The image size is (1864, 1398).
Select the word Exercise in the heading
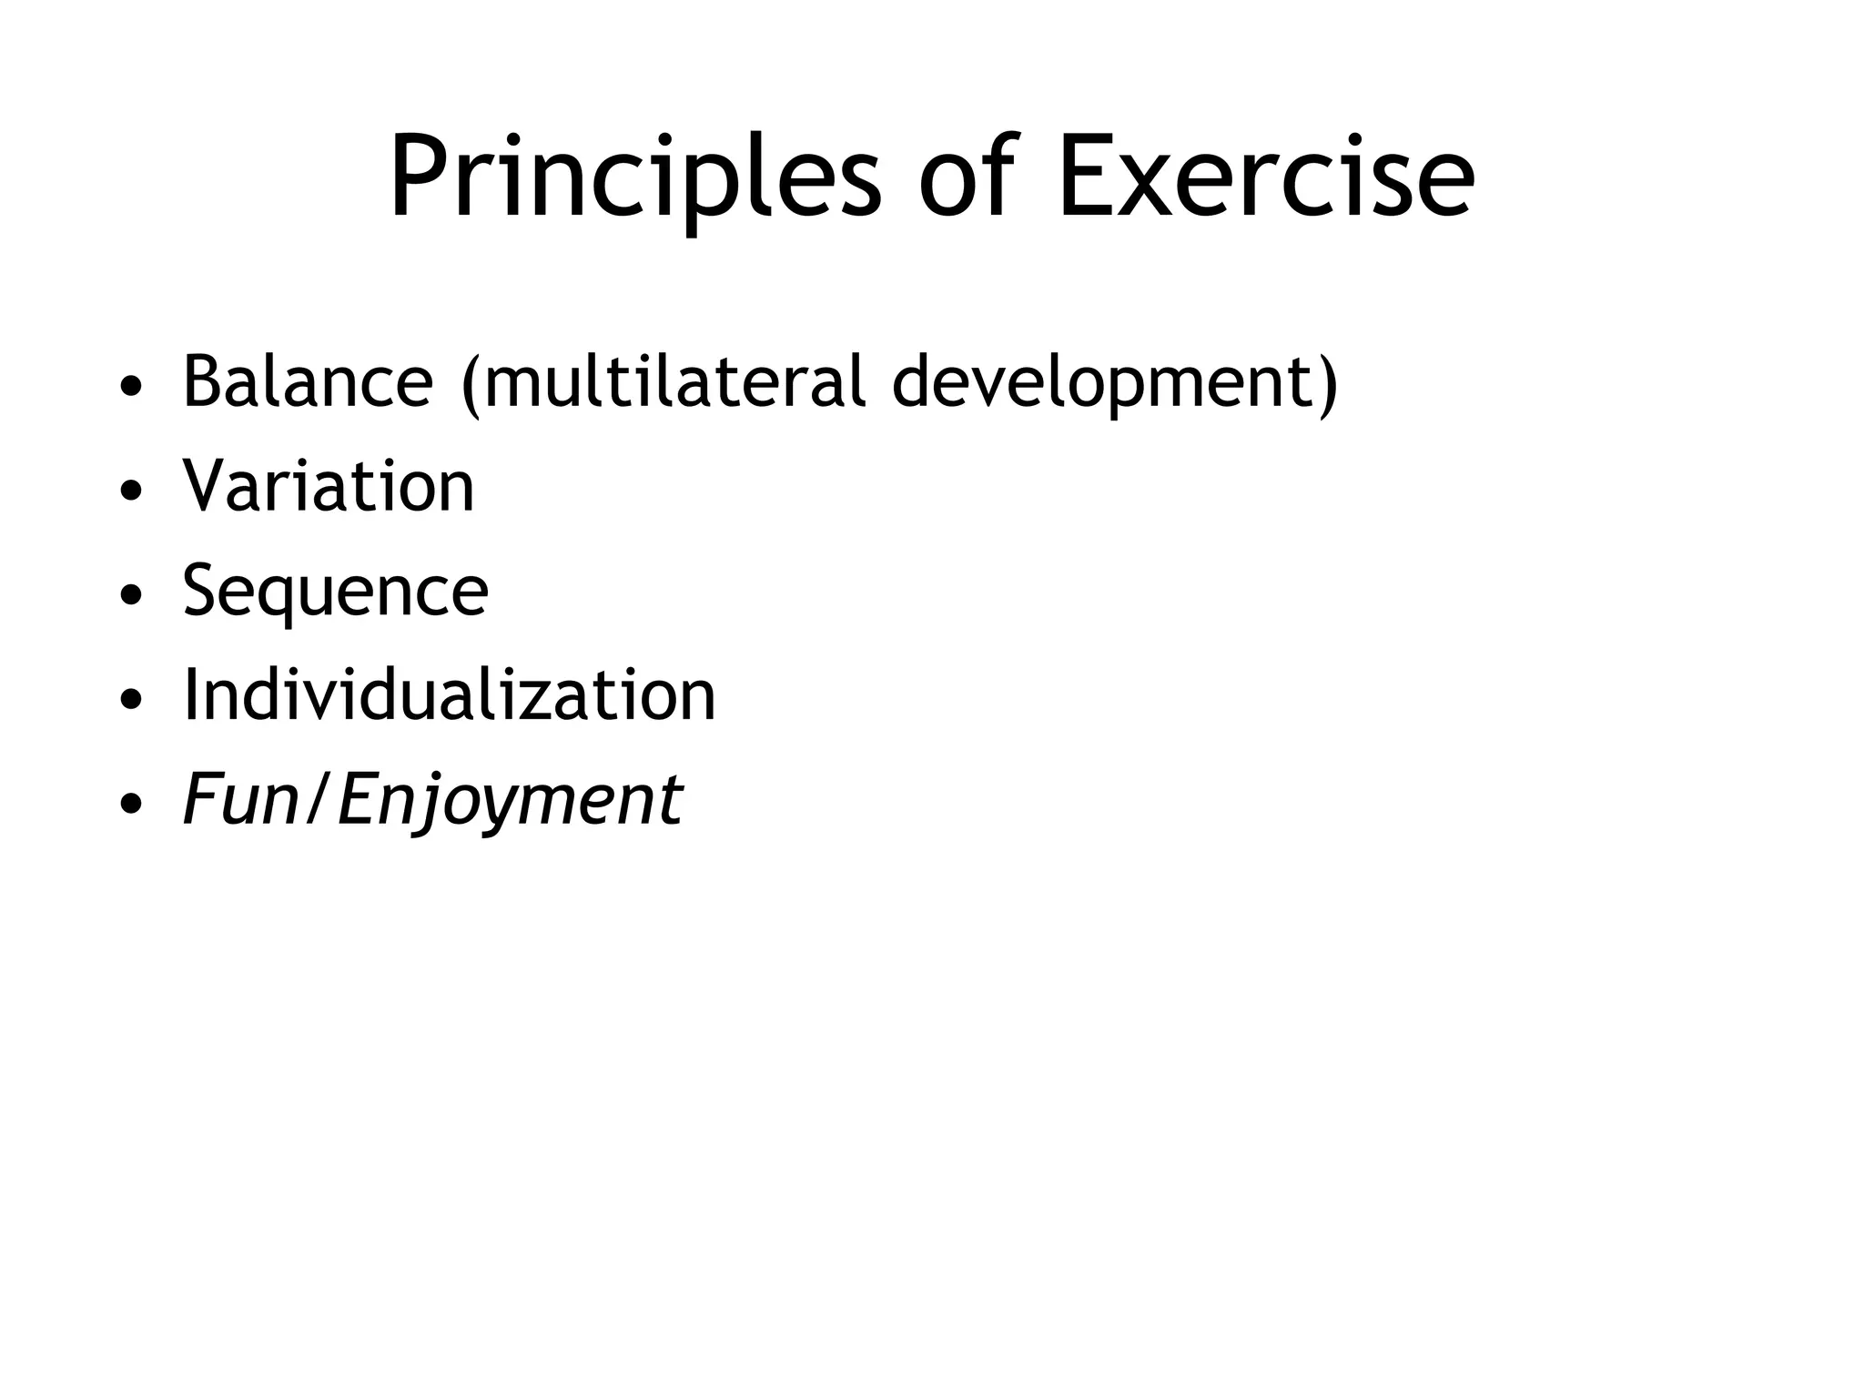tap(1265, 177)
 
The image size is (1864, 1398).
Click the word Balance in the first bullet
tap(308, 381)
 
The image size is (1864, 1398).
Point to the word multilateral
tap(674, 381)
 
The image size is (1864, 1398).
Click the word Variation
tap(329, 486)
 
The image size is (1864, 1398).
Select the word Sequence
tap(335, 592)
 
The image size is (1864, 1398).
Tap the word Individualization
tap(449, 695)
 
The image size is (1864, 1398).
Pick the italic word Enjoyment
tap(510, 801)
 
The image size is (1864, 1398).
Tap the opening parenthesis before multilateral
tap(470, 384)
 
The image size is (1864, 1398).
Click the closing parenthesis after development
tap(1328, 384)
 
